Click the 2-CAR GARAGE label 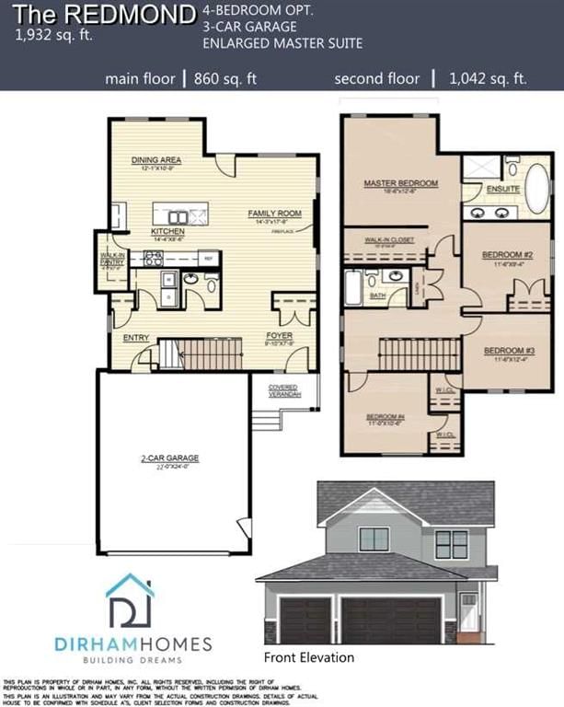(x=170, y=458)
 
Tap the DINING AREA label (x=155, y=159)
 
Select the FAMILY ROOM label (x=275, y=214)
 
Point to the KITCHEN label (x=168, y=232)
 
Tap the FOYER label (x=279, y=336)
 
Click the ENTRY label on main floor (x=136, y=338)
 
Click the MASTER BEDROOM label (x=400, y=183)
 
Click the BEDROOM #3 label (x=509, y=351)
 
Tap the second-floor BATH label (x=376, y=296)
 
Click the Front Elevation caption (x=308, y=657)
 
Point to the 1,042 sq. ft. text (x=488, y=79)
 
